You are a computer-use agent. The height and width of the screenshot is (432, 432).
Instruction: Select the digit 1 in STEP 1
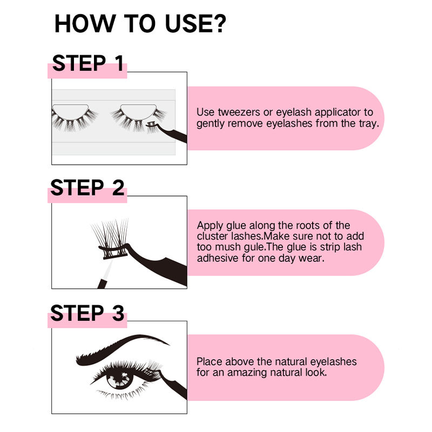tap(119, 63)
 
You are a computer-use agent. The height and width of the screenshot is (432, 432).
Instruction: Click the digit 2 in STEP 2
tap(118, 187)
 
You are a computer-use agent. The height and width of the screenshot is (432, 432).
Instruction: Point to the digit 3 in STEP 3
tap(118, 313)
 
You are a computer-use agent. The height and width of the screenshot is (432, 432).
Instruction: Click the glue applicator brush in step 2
tap(105, 274)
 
